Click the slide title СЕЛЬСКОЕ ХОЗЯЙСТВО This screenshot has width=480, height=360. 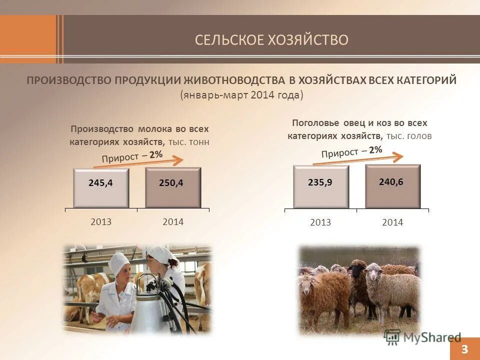tap(271, 40)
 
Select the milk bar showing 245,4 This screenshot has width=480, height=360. tap(101, 187)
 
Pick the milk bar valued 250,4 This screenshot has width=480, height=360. tap(173, 187)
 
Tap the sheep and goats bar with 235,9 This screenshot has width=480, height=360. tap(320, 186)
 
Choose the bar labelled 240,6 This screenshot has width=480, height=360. tap(392, 185)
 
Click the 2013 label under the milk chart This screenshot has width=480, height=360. tap(101, 222)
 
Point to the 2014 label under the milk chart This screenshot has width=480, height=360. tap(173, 222)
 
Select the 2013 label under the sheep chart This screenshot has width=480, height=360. tap(320, 222)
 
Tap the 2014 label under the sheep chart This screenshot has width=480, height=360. tap(392, 222)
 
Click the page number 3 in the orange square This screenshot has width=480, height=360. tap(464, 349)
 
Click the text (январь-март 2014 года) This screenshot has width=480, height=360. tap(242, 95)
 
